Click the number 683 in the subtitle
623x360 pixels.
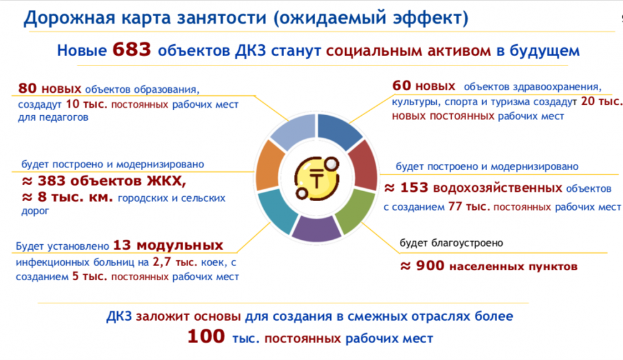[x=131, y=50]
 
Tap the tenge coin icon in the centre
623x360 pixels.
[x=316, y=178]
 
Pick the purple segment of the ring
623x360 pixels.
[x=316, y=228]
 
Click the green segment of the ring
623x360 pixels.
[x=356, y=211]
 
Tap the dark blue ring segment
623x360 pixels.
[x=338, y=130]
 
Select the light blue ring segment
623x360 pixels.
[x=294, y=130]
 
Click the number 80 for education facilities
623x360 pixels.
[x=27, y=88]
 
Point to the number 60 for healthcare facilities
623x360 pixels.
[x=401, y=85]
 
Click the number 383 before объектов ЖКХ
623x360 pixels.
[x=51, y=181]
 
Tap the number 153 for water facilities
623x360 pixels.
[x=414, y=187]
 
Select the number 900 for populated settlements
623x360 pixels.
[x=430, y=265]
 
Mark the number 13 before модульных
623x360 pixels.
[x=122, y=245]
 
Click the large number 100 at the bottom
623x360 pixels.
[x=206, y=336]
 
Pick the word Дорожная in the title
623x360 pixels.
[x=70, y=18]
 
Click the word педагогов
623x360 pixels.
[x=64, y=118]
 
